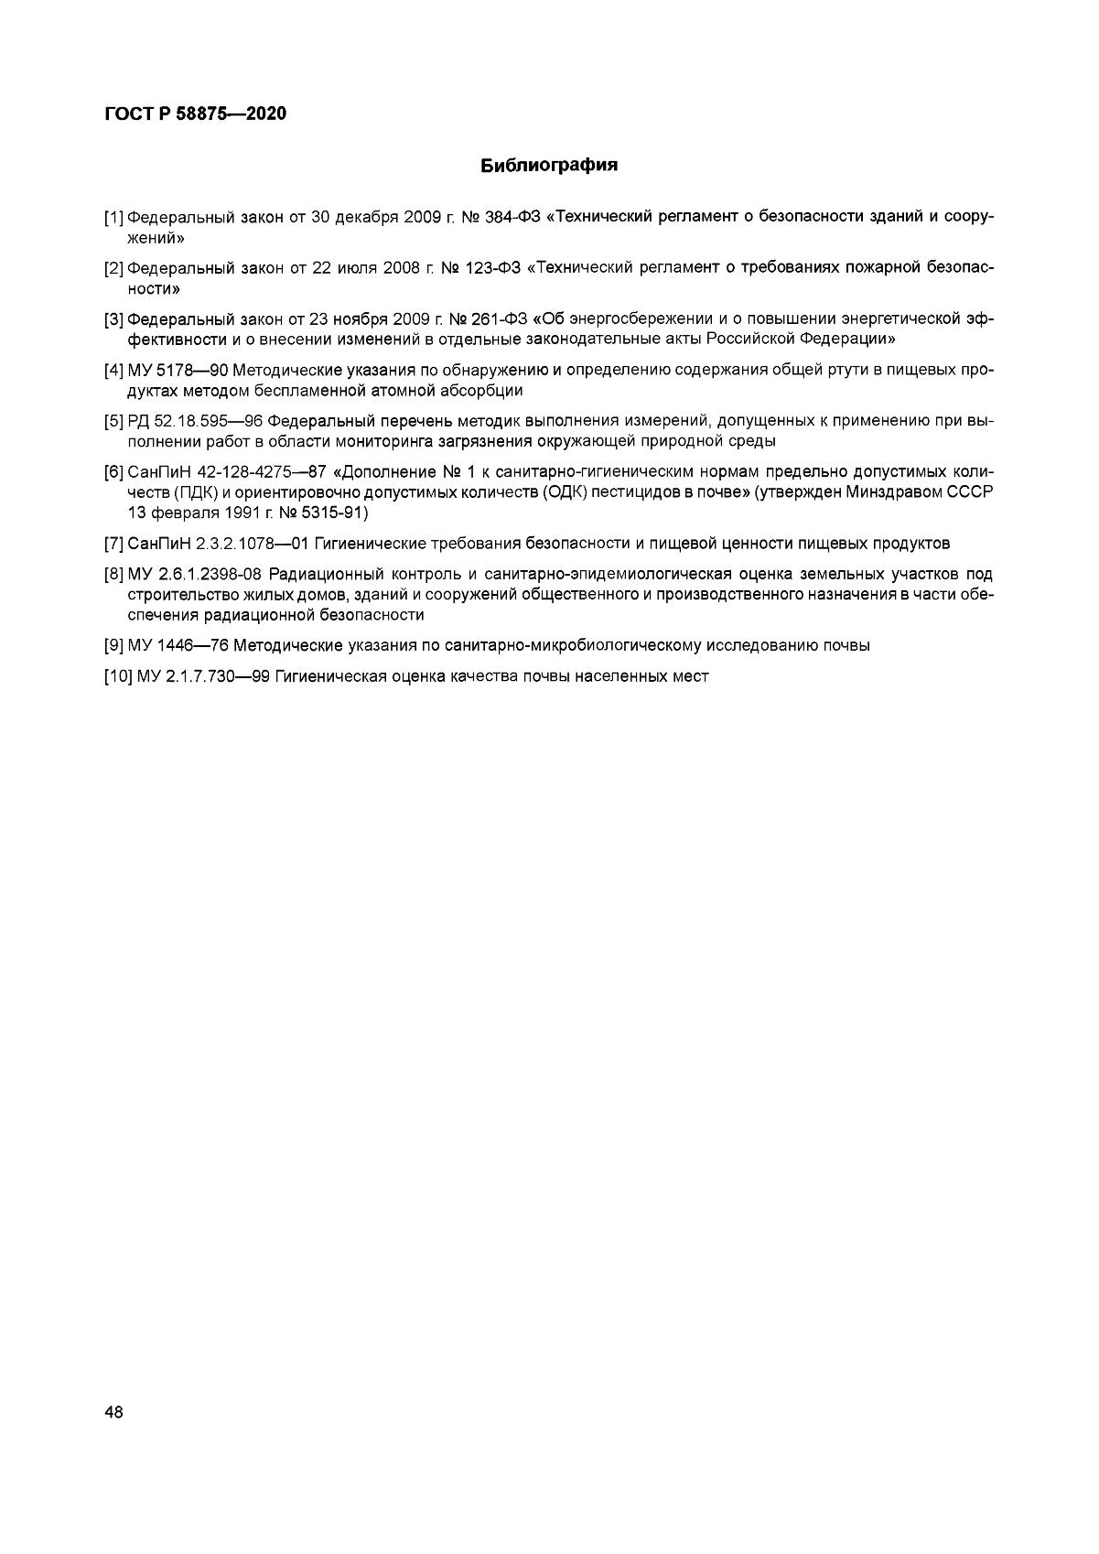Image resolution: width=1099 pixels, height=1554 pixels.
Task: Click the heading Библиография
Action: (549, 166)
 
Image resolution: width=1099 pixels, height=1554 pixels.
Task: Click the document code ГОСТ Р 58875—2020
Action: (196, 114)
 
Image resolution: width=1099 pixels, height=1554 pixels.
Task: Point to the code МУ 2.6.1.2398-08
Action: (195, 575)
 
